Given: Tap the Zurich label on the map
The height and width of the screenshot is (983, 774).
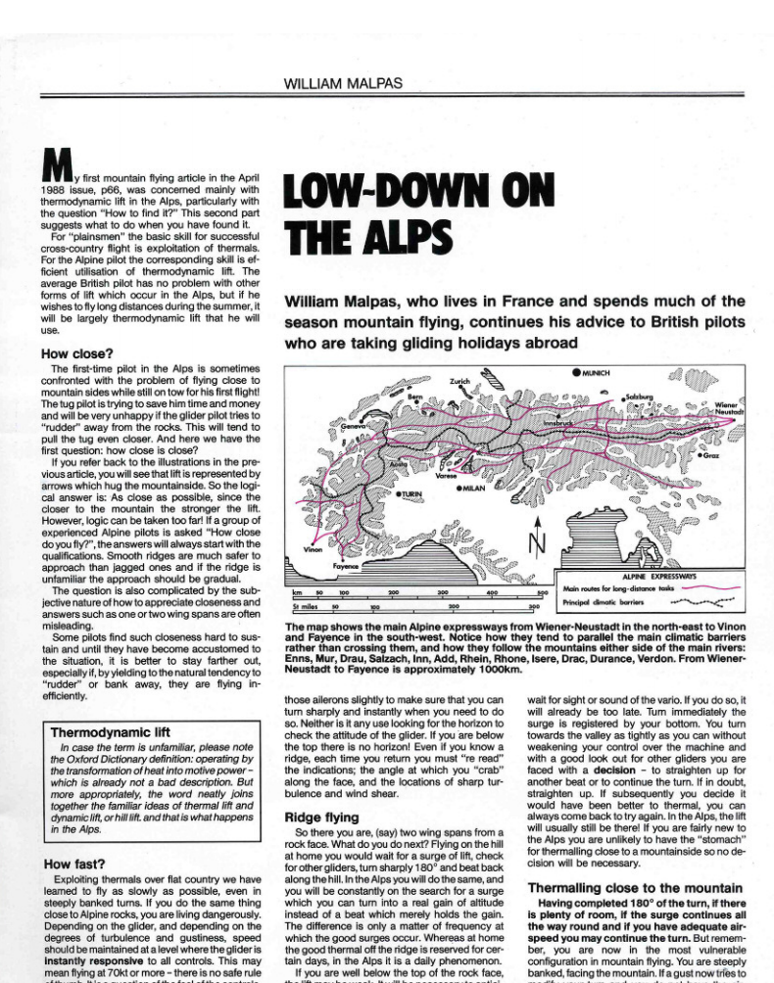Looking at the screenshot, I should point(460,381).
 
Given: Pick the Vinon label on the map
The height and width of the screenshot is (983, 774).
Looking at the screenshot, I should point(313,549).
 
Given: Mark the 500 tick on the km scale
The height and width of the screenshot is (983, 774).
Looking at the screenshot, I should point(541,593).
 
